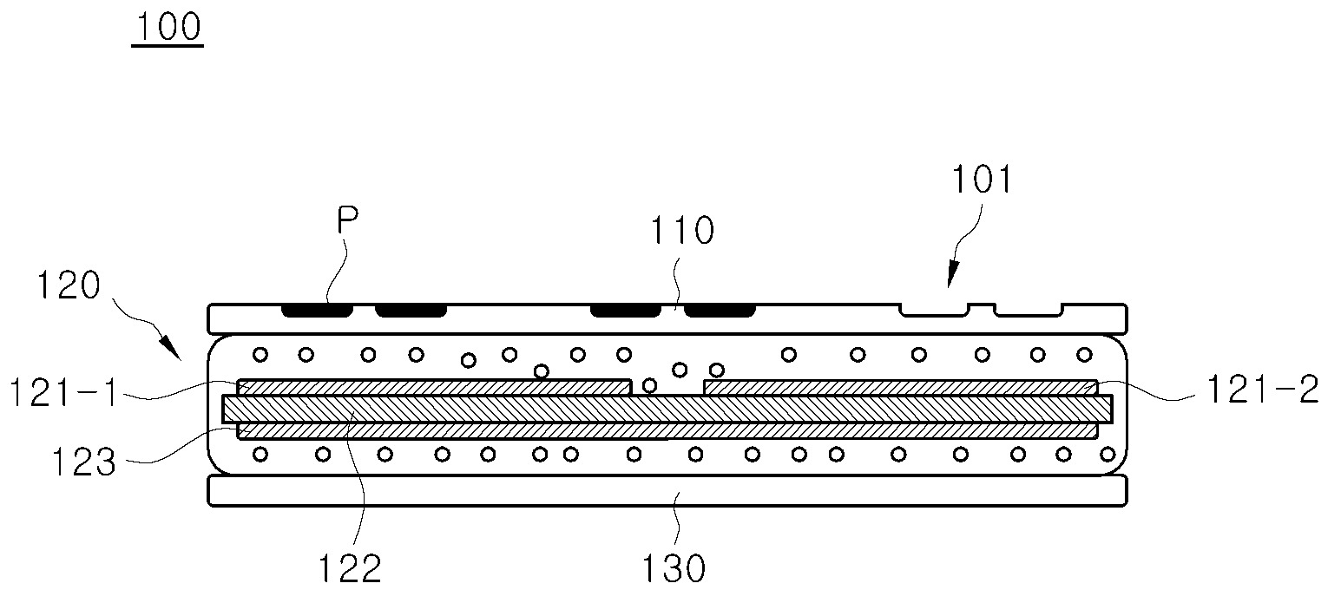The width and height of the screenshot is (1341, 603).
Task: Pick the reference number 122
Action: pos(347,569)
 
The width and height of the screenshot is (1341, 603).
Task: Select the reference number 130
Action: pos(674,569)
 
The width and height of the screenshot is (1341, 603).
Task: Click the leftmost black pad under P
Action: pos(318,310)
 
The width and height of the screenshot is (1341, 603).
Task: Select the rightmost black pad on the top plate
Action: pos(720,310)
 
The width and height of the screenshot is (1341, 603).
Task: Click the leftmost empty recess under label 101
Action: pos(934,309)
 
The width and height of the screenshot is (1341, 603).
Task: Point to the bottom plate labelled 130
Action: pos(667,491)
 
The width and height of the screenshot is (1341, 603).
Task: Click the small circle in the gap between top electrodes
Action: pos(649,385)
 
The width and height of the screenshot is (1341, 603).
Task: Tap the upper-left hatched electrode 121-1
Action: pos(434,387)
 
